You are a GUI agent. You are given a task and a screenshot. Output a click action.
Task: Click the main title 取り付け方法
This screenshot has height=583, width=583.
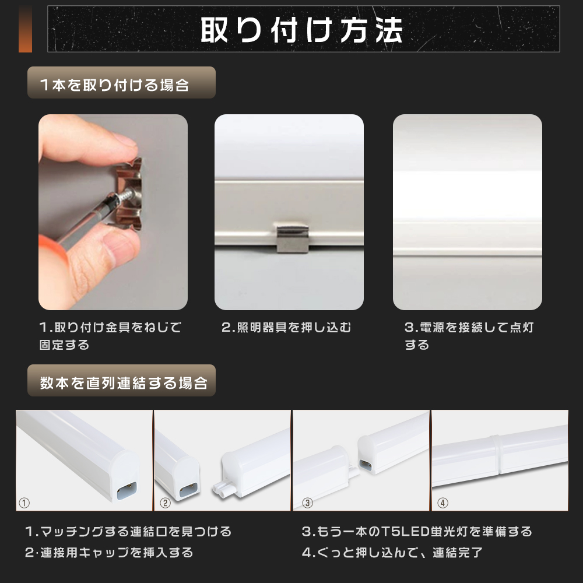tap(301, 30)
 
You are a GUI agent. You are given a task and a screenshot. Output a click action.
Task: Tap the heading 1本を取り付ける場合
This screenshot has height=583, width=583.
tap(114, 85)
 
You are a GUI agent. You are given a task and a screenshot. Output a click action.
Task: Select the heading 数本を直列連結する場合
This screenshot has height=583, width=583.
tap(124, 382)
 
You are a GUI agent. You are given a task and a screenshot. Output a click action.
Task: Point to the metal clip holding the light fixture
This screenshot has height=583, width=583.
tap(293, 237)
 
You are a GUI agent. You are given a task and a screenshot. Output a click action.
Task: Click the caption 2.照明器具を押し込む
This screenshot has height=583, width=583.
tap(286, 327)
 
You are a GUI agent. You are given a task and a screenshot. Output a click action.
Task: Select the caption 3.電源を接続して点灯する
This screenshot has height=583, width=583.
tap(469, 336)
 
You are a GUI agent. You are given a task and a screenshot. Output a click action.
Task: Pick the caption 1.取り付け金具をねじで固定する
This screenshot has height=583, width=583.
tap(110, 336)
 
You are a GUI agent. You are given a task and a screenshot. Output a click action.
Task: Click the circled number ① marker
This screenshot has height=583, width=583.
tap(24, 503)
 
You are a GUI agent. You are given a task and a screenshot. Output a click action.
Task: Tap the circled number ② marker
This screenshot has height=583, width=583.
tap(165, 503)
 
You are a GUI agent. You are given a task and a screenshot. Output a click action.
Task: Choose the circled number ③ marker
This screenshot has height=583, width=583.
tap(307, 503)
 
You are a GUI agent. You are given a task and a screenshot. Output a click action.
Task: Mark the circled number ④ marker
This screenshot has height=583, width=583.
tap(442, 503)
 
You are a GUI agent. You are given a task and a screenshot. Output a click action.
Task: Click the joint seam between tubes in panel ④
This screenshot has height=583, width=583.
tap(496, 455)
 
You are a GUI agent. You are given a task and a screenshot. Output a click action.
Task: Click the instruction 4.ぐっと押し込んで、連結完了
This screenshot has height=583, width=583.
tap(392, 552)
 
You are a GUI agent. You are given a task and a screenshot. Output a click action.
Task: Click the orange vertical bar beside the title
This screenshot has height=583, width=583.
tap(25, 29)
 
